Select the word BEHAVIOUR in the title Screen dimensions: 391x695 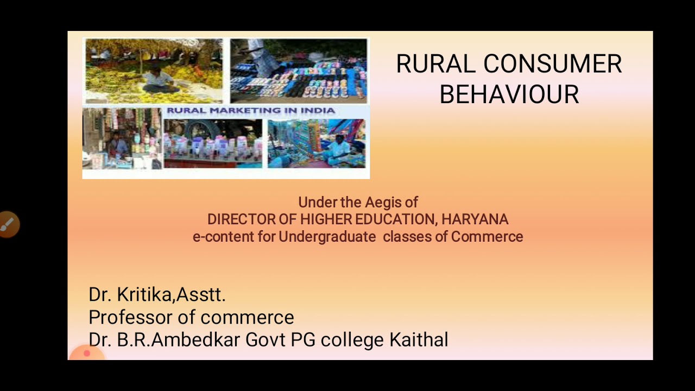pos(509,94)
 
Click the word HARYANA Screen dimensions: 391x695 pos(475,219)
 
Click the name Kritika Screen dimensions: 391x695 pos(146,294)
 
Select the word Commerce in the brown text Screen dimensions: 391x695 pos(486,237)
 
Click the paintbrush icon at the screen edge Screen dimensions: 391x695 pos(8,224)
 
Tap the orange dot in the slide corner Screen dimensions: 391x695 pos(86,354)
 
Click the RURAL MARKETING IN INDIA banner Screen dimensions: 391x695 pos(250,111)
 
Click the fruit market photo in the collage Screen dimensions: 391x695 pos(154,71)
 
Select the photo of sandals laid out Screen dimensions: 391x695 pos(298,71)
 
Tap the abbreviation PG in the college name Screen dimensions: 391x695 pos(303,340)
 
